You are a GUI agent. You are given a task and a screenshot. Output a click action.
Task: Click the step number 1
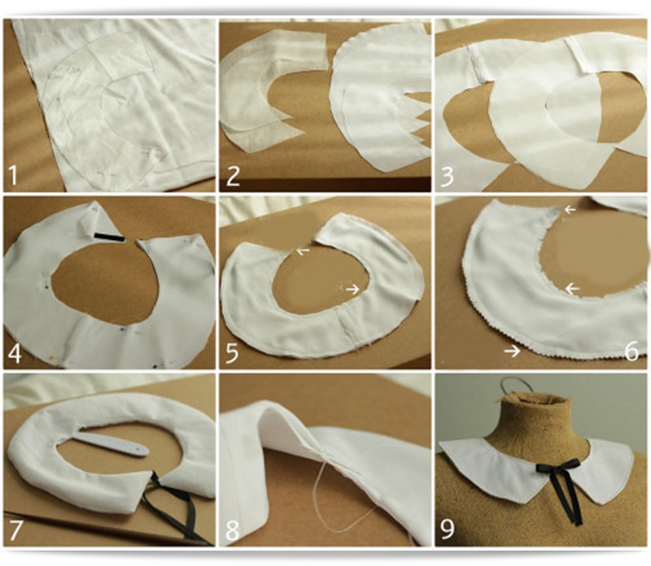pyautogui.click(x=13, y=175)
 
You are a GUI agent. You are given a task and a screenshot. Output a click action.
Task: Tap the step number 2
pyautogui.click(x=233, y=175)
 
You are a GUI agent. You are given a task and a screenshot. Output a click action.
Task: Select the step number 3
pyautogui.click(x=447, y=176)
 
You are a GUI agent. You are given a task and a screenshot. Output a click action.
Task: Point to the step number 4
pyautogui.click(x=15, y=354)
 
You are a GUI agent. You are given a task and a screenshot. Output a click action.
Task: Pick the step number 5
pyautogui.click(x=232, y=354)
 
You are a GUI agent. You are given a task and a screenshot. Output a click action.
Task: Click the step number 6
pyautogui.click(x=632, y=351)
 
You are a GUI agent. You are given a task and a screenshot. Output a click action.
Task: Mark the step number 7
pyautogui.click(x=15, y=530)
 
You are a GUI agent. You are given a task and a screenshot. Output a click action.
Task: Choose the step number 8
pyautogui.click(x=233, y=530)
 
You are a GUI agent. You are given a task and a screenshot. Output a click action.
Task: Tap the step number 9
pyautogui.click(x=447, y=529)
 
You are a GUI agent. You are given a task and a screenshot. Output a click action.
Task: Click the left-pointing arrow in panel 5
pyautogui.click(x=303, y=250)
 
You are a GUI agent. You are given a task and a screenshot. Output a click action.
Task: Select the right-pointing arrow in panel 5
pyautogui.click(x=353, y=289)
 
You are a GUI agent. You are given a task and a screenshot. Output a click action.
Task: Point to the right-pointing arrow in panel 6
pyautogui.click(x=513, y=351)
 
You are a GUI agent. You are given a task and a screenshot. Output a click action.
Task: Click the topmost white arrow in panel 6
pyautogui.click(x=570, y=210)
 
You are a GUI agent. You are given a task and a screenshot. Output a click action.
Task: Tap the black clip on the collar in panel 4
pyautogui.click(x=109, y=237)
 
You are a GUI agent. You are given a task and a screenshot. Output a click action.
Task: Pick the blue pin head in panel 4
pyautogui.click(x=122, y=329)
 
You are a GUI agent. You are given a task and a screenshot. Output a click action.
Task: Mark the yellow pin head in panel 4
pyautogui.click(x=53, y=356)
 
